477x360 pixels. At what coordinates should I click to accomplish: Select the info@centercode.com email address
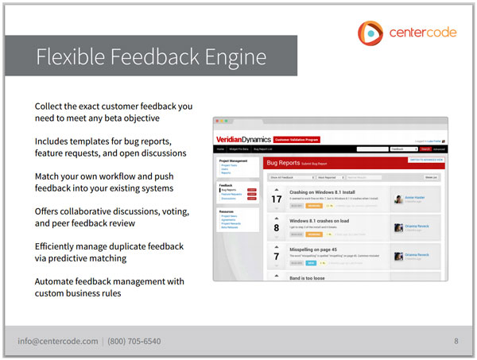tap(58, 341)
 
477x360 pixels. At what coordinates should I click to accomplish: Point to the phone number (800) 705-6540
tap(134, 341)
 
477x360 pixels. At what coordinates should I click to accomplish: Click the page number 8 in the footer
tap(456, 341)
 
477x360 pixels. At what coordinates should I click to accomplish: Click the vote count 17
tap(277, 199)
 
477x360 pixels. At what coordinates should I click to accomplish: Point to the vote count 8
tap(277, 228)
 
